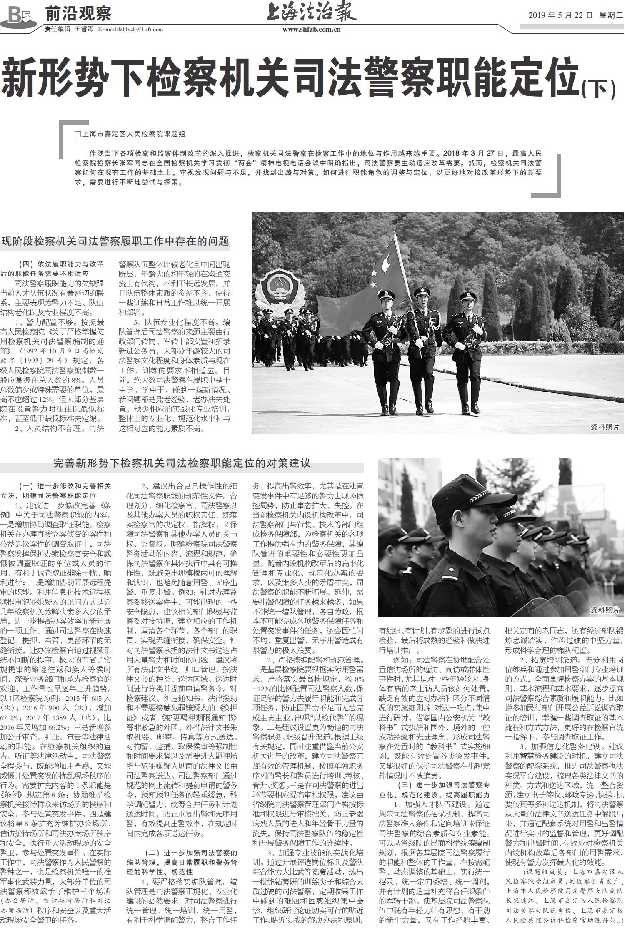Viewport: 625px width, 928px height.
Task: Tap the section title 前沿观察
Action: tap(78, 14)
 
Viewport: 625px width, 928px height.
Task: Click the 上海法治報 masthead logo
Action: tap(311, 13)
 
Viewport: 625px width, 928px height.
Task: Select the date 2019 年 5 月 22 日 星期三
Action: tap(575, 16)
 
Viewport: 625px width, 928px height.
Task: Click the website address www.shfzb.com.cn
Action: tap(311, 30)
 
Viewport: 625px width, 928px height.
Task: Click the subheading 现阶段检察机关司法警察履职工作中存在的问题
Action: tap(115, 241)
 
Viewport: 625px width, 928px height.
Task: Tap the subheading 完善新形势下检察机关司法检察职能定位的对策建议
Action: tap(182, 463)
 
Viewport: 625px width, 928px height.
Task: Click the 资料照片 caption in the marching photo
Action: tap(605, 427)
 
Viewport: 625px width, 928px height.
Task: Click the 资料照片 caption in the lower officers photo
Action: tap(605, 610)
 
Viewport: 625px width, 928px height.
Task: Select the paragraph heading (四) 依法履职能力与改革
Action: tap(62, 264)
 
